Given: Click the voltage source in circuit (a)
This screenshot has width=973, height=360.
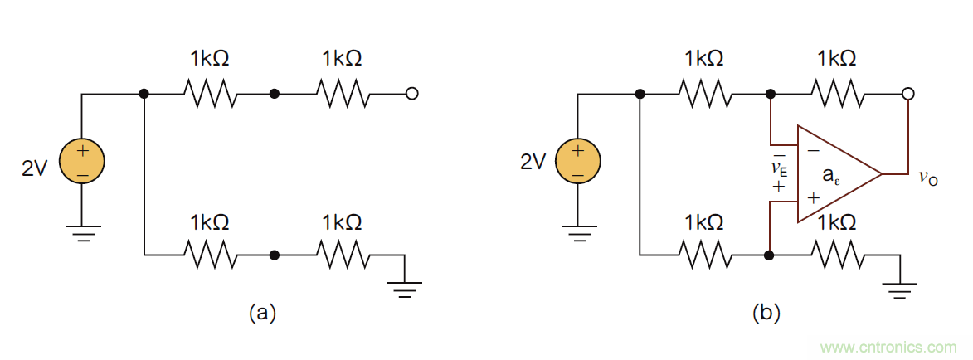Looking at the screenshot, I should [82, 162].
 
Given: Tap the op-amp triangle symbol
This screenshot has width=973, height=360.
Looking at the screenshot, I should [834, 174].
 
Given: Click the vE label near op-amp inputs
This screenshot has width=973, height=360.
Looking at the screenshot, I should [780, 169].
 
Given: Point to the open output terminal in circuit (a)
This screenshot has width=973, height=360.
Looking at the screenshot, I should [411, 94].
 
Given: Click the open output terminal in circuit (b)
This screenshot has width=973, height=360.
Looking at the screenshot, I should [908, 94].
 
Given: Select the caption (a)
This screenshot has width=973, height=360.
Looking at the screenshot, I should [263, 313].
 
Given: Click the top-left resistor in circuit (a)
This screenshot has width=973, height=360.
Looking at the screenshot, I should [210, 94].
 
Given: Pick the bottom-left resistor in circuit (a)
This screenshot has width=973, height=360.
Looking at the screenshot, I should [210, 255].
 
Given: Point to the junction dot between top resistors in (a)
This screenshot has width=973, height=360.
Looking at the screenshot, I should [275, 94].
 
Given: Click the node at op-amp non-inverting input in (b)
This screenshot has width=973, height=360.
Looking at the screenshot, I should [771, 255].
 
